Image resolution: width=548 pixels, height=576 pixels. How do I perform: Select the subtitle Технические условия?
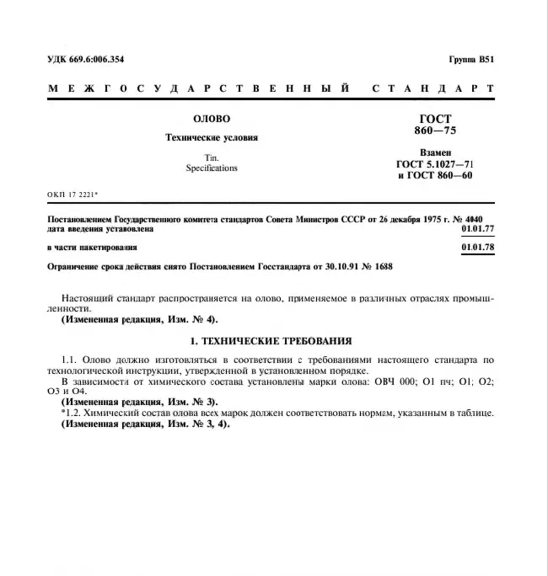[211, 137]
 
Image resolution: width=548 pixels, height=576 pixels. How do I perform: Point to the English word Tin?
[211, 157]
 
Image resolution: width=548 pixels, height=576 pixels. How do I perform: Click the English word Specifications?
[211, 168]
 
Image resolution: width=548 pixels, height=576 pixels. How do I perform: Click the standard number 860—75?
[435, 132]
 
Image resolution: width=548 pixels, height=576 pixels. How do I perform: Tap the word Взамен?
[435, 152]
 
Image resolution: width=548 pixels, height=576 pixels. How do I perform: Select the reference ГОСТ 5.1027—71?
[435, 164]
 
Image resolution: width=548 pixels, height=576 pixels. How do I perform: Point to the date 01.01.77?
[478, 228]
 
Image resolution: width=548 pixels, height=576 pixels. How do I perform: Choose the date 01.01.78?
[478, 247]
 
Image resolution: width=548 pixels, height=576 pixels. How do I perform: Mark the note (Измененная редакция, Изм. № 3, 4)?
[144, 424]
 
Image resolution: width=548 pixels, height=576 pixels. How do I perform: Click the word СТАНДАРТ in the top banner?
[432, 88]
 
